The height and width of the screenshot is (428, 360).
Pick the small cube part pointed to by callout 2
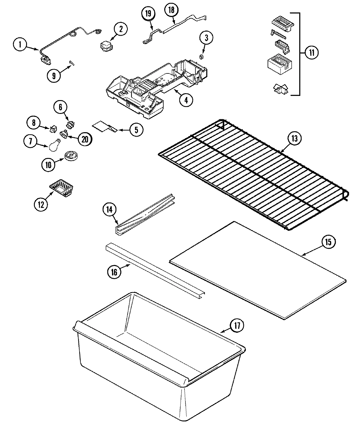point(105,46)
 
